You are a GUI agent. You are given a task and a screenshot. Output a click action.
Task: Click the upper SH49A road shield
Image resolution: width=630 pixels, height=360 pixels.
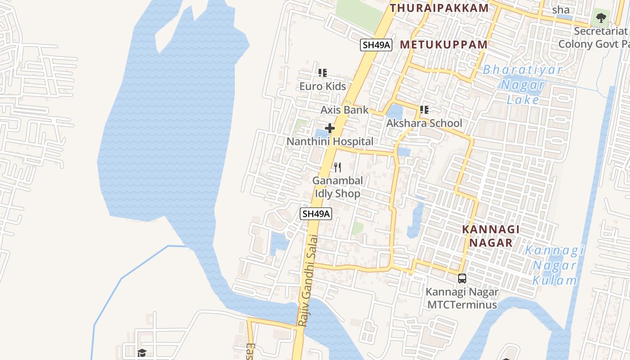click(377, 45)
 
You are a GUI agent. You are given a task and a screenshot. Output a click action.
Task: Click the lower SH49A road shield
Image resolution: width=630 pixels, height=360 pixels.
click(316, 214)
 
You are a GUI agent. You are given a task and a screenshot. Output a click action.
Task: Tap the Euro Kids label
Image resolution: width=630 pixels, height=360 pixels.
click(323, 86)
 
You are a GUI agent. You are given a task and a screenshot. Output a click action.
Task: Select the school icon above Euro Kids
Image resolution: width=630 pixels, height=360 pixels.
click(322, 72)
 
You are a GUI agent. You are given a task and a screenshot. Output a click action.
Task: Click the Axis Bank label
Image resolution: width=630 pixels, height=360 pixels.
click(344, 110)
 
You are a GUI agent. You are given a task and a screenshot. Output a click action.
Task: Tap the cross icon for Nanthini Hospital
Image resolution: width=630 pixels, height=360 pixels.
click(330, 128)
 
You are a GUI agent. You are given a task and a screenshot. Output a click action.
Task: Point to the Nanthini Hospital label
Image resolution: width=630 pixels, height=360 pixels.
click(330, 141)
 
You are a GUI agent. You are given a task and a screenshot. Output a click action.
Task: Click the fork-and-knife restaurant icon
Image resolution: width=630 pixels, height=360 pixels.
click(337, 167)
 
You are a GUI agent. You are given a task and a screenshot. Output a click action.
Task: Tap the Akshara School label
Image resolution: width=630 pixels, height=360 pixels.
click(424, 123)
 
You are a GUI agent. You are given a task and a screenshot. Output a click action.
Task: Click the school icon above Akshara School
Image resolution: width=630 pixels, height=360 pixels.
click(424, 109)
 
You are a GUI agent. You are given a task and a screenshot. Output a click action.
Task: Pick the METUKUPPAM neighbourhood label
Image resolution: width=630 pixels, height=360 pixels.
click(444, 45)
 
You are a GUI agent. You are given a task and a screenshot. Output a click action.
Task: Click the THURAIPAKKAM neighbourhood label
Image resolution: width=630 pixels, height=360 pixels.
click(439, 8)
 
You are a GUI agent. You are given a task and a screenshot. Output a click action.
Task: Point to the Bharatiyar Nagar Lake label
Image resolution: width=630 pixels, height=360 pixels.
click(522, 85)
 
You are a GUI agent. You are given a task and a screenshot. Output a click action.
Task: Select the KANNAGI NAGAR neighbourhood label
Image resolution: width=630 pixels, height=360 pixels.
click(491, 236)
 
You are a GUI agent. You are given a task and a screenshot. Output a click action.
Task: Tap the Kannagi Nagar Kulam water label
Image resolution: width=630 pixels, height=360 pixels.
click(554, 265)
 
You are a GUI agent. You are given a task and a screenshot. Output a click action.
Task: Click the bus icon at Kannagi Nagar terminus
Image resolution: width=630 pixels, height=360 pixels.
click(462, 278)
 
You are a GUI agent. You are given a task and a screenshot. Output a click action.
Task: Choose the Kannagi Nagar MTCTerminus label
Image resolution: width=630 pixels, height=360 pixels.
click(462, 298)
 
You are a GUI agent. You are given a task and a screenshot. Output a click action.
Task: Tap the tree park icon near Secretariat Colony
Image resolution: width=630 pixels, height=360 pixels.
click(601, 18)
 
